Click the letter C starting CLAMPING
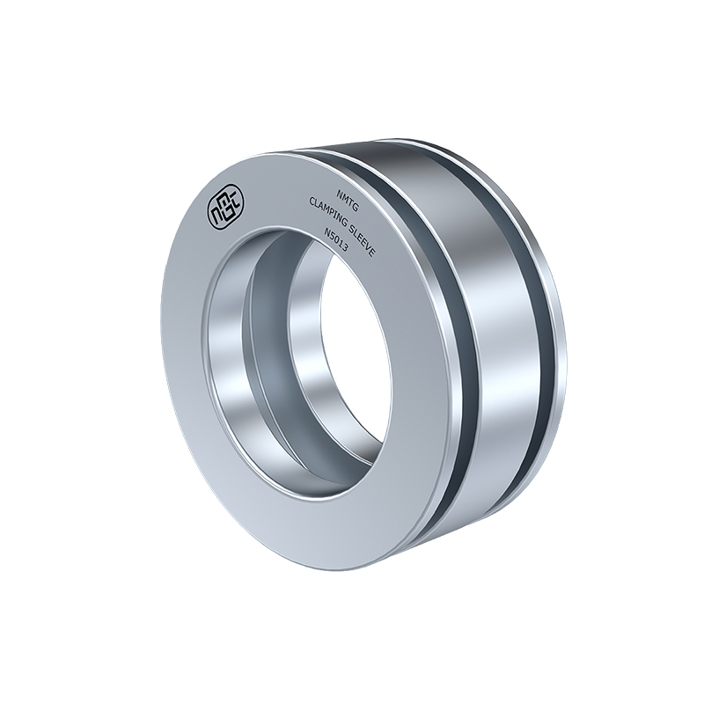point(312,203)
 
